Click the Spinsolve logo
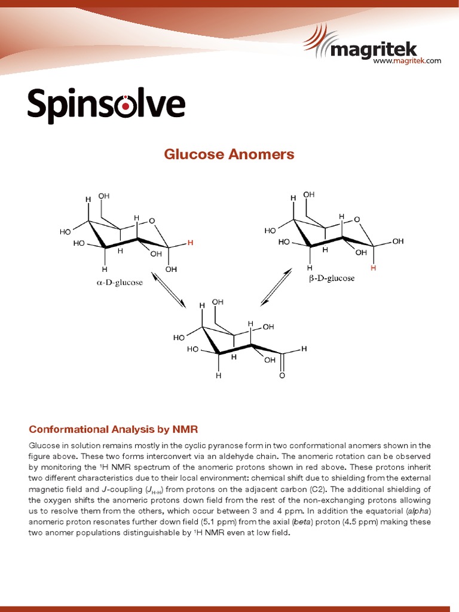106,106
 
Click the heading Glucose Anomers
229,154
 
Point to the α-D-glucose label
120,282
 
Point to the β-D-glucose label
332,278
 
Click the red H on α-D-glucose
191,243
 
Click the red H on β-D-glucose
374,268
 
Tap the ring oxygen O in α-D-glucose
152,221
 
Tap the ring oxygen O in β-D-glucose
357,219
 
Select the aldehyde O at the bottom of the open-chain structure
281,376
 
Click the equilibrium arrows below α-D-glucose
169,291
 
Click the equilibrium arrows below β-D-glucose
276,287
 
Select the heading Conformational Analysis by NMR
113,429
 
